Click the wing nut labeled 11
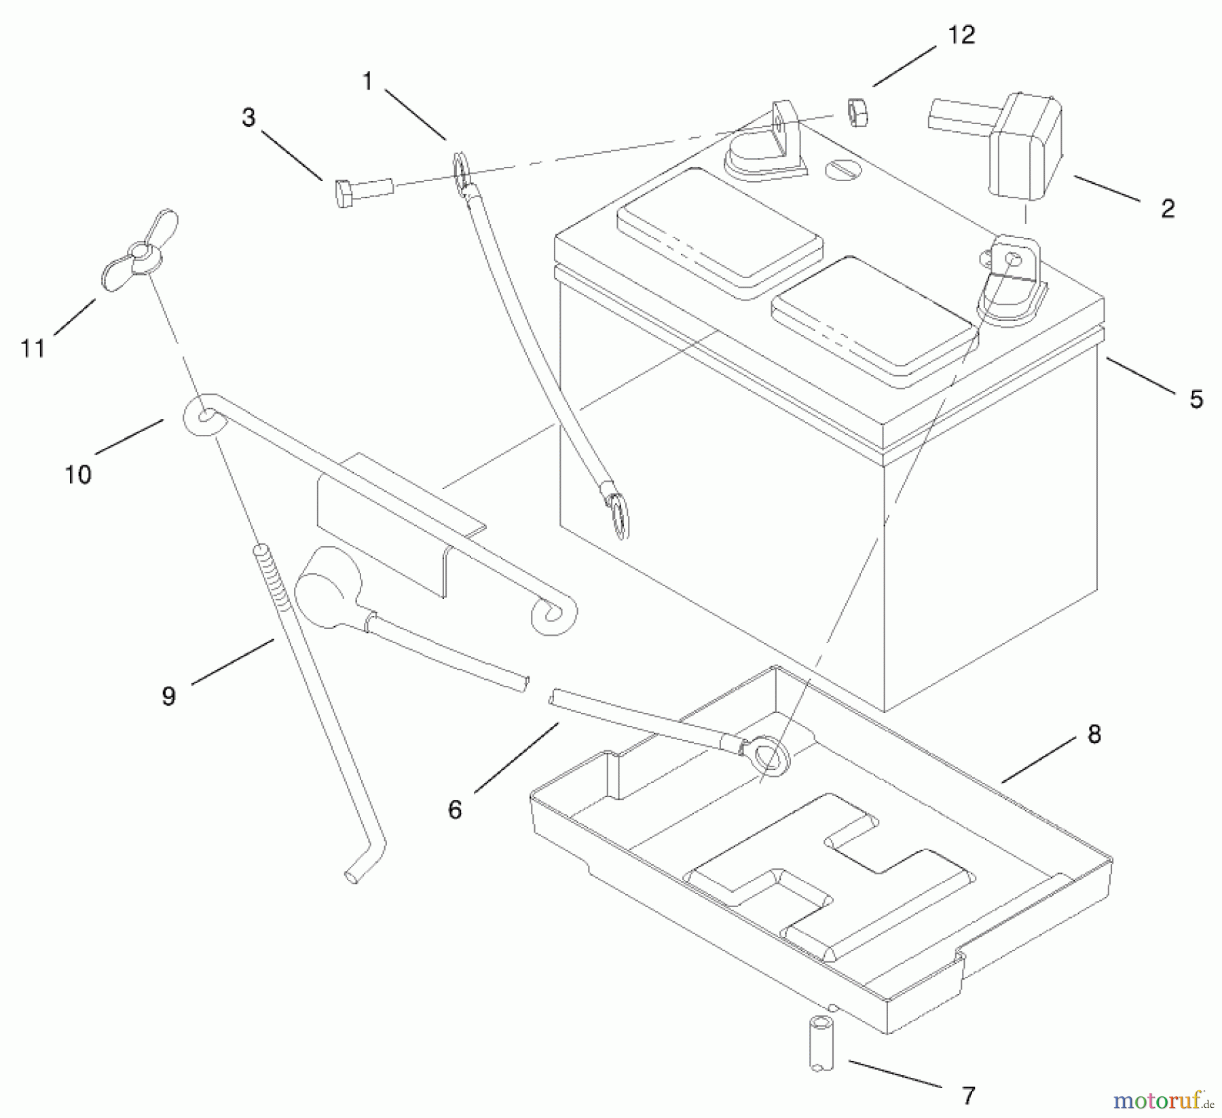(140, 252)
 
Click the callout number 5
(1196, 399)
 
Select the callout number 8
(1094, 734)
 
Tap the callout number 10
(78, 474)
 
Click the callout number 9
(168, 696)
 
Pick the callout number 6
(454, 809)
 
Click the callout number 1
(367, 81)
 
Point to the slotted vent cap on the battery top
(840, 169)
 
